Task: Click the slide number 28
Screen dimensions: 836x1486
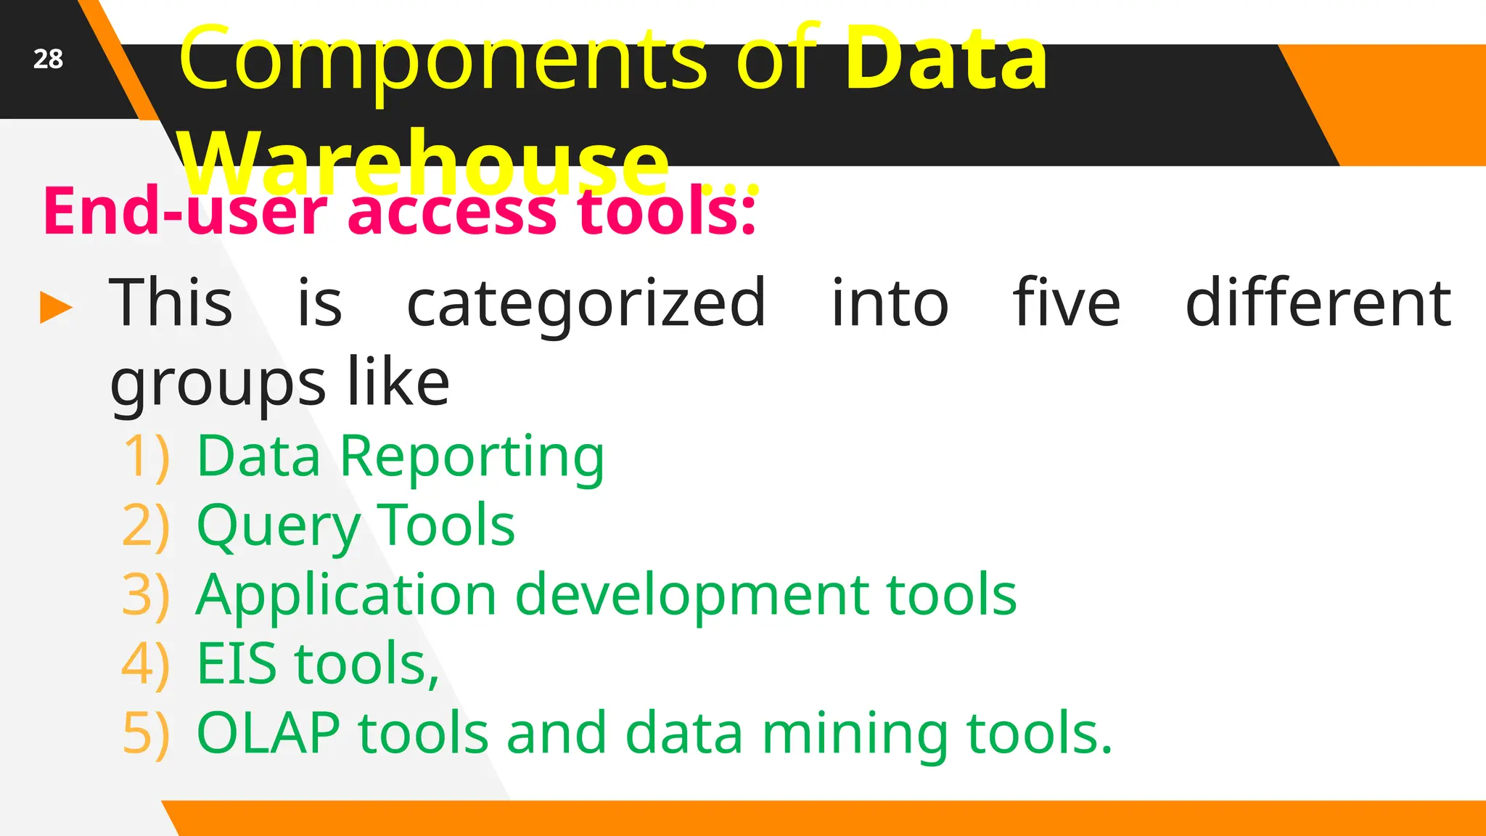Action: pos(48,59)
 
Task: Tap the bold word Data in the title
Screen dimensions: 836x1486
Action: pos(946,58)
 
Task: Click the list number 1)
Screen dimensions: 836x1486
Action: pos(147,456)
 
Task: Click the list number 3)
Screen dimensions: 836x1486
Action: pos(147,595)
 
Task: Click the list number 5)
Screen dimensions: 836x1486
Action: pos(147,733)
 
